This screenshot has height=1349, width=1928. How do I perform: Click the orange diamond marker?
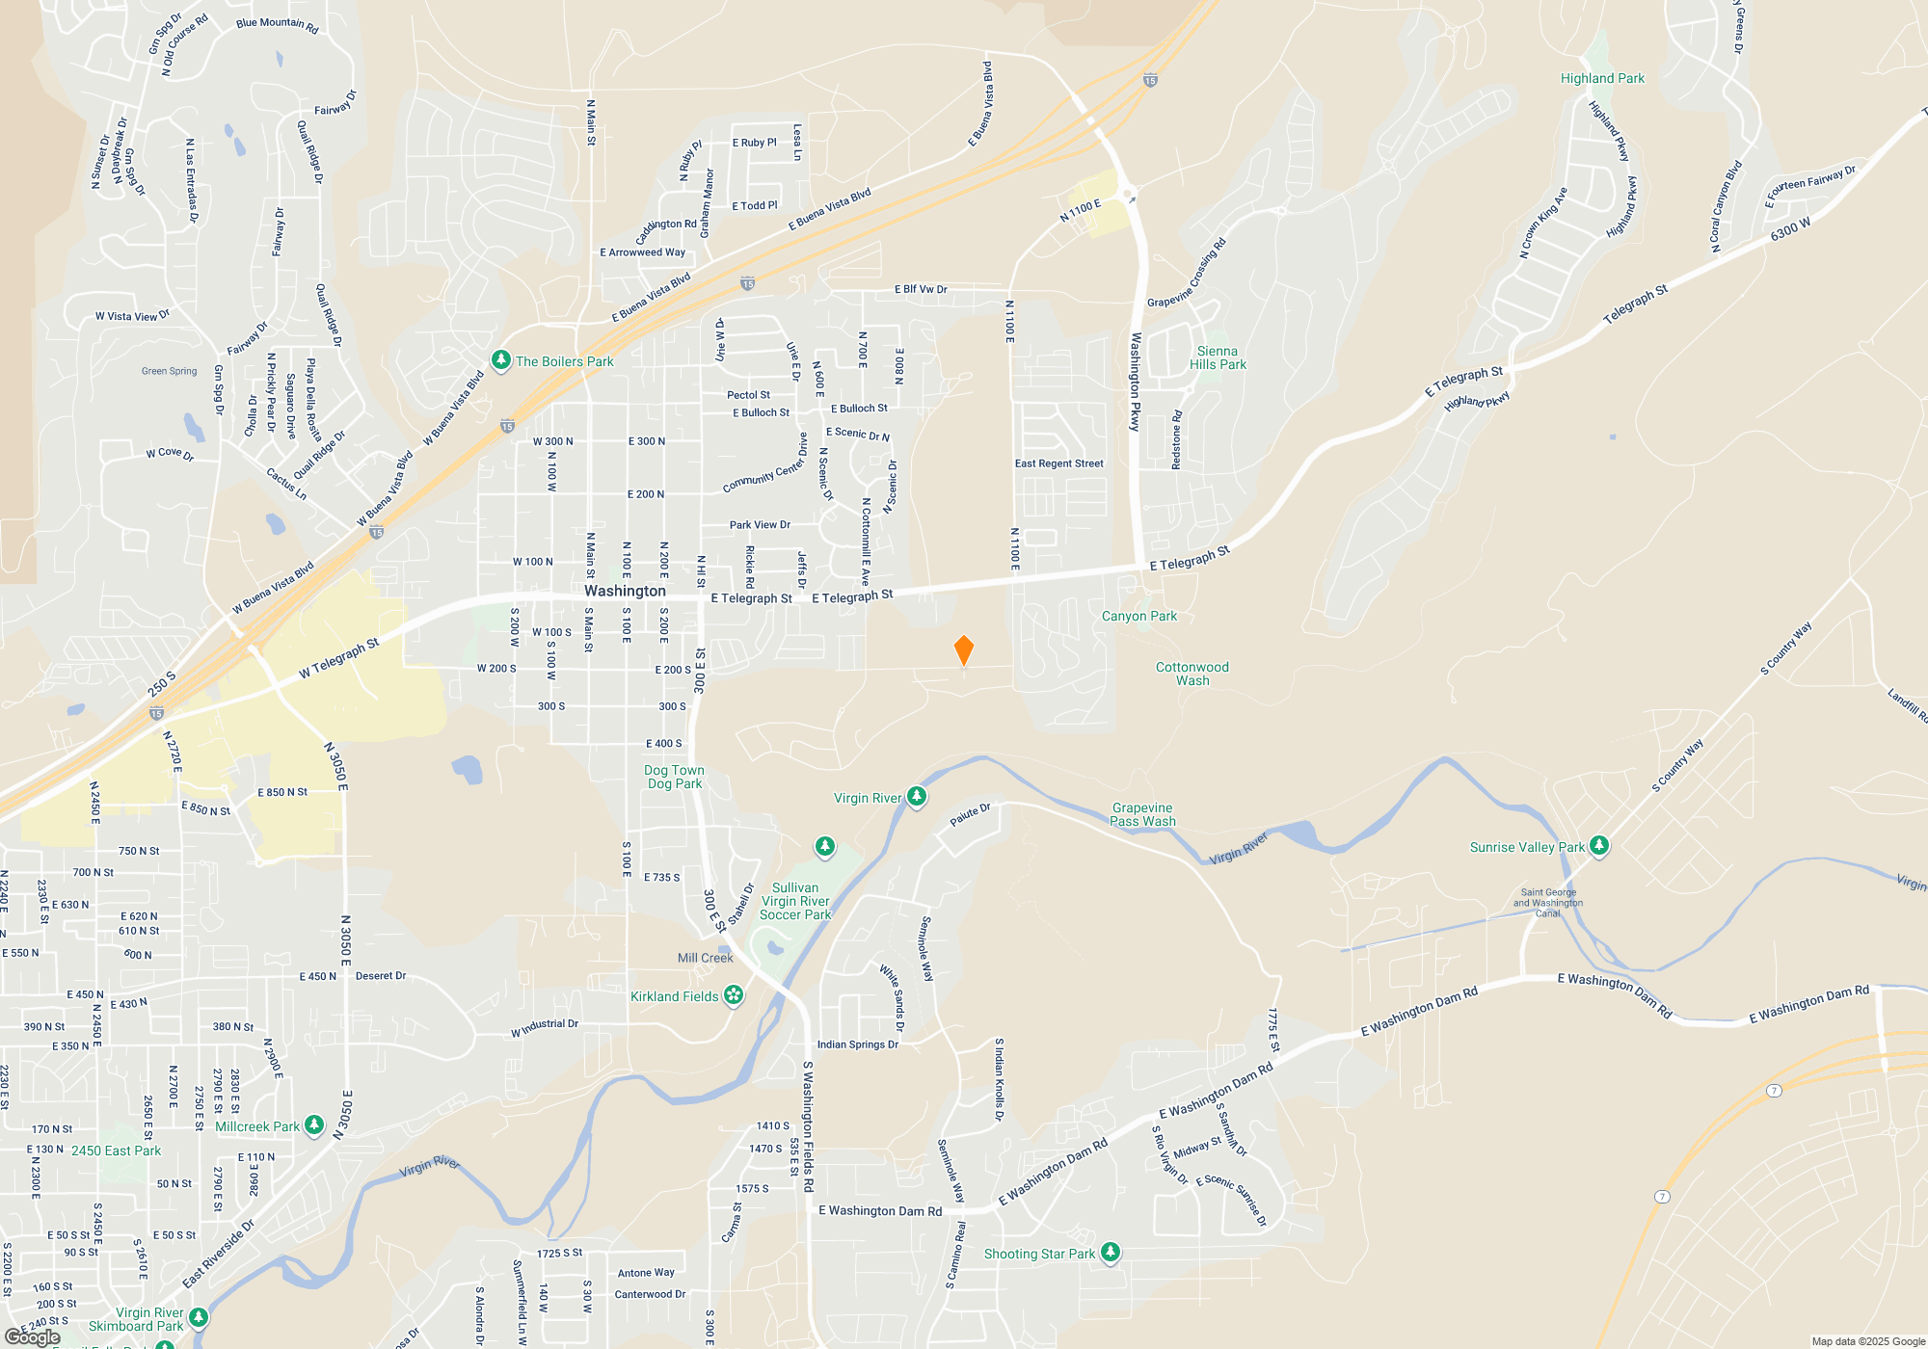point(963,650)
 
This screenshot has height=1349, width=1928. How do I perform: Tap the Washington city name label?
point(625,591)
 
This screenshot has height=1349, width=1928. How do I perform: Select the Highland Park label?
point(1602,78)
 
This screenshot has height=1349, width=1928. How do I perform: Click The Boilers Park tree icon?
point(500,360)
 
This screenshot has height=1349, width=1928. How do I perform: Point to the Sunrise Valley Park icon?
point(1599,846)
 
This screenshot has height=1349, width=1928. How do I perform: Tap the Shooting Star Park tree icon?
point(1111,1252)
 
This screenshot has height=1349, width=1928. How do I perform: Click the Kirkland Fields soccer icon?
point(734,995)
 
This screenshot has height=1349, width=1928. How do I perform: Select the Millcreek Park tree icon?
point(314,1124)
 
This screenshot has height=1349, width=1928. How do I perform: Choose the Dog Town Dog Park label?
point(674,777)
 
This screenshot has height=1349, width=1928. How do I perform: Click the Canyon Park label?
point(1138,616)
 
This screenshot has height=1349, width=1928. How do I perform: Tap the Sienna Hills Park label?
point(1218,357)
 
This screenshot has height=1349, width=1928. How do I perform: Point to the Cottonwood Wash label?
point(1192,674)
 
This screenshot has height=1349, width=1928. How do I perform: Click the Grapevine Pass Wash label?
point(1142,814)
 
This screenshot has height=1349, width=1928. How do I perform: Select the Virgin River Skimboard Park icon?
point(199,1316)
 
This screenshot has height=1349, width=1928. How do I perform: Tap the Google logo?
point(33,1336)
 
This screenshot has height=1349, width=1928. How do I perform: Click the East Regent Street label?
point(1058,463)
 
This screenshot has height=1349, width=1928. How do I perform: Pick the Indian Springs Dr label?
point(857,1045)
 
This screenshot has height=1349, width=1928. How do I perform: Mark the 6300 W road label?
point(1790,229)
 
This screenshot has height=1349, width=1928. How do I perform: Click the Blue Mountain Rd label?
point(277,24)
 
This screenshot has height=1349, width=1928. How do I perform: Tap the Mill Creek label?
point(705,958)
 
